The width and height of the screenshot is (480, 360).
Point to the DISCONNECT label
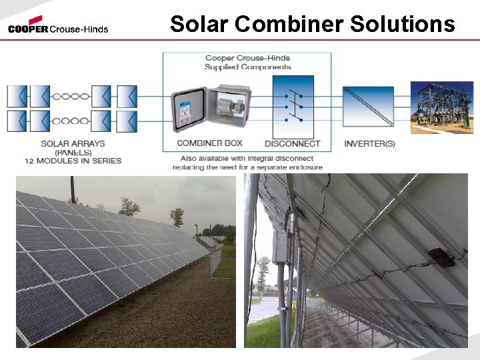pos(293,143)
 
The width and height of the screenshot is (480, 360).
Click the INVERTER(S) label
pos(369,143)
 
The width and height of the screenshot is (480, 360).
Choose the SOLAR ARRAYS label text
pos(73,143)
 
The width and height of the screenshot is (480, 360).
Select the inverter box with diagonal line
pos(369,107)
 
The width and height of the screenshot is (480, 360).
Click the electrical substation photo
pos(441,107)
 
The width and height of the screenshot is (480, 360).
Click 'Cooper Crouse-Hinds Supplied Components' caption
pos(247,63)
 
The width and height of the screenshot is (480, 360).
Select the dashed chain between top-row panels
pos(71,96)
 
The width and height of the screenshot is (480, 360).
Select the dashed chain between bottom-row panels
pos(71,121)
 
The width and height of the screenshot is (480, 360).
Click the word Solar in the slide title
pos(200,24)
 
